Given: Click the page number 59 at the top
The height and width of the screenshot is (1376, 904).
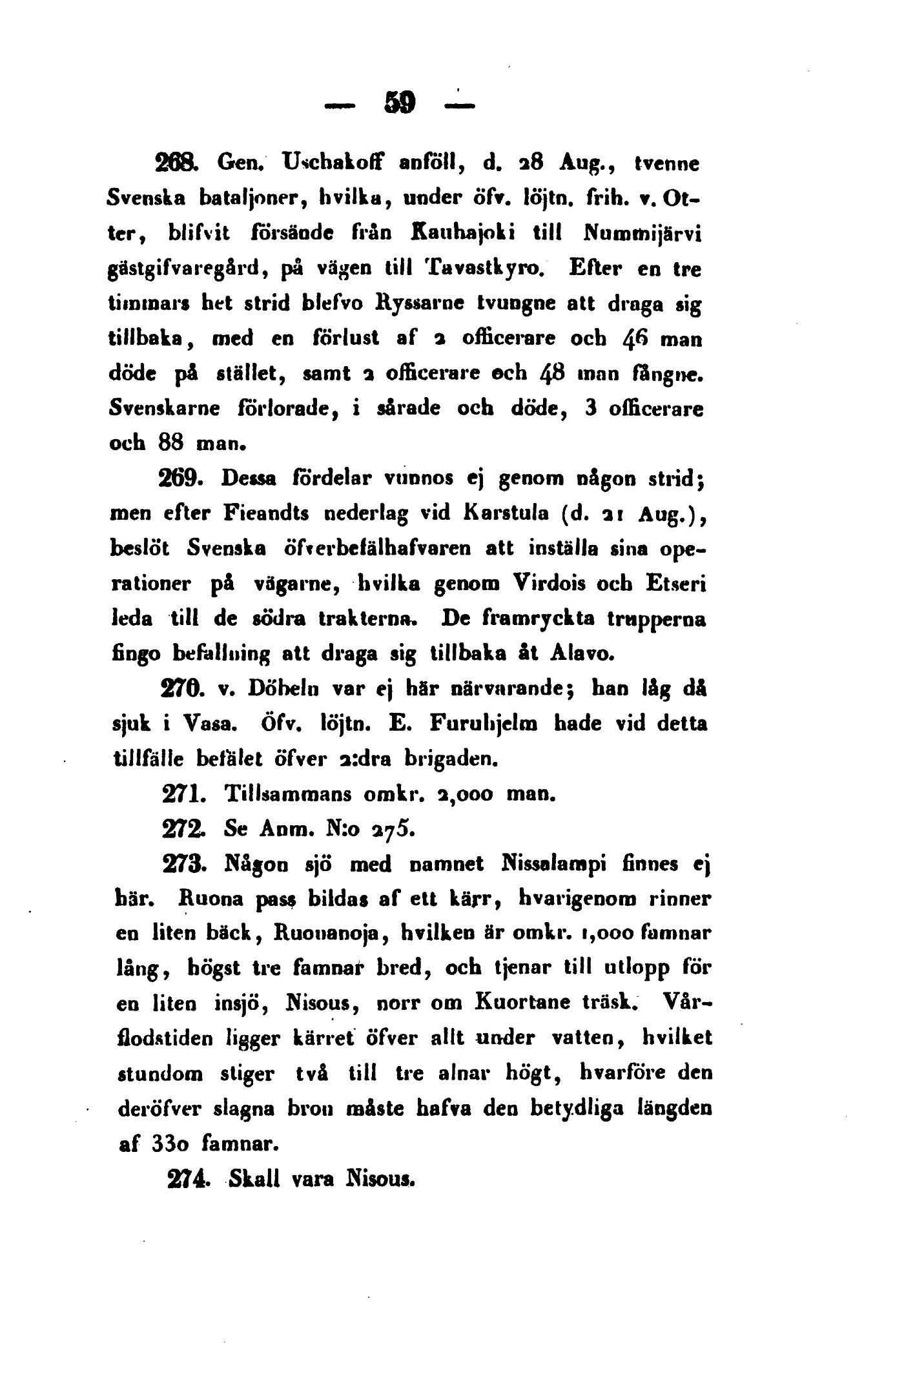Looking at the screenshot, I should pyautogui.click(x=400, y=102).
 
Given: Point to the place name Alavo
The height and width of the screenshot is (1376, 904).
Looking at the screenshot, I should pyautogui.click(x=579, y=653).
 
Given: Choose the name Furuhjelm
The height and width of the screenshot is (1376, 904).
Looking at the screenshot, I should pyautogui.click(x=487, y=724).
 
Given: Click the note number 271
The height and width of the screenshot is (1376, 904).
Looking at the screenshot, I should pyautogui.click(x=184, y=793).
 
